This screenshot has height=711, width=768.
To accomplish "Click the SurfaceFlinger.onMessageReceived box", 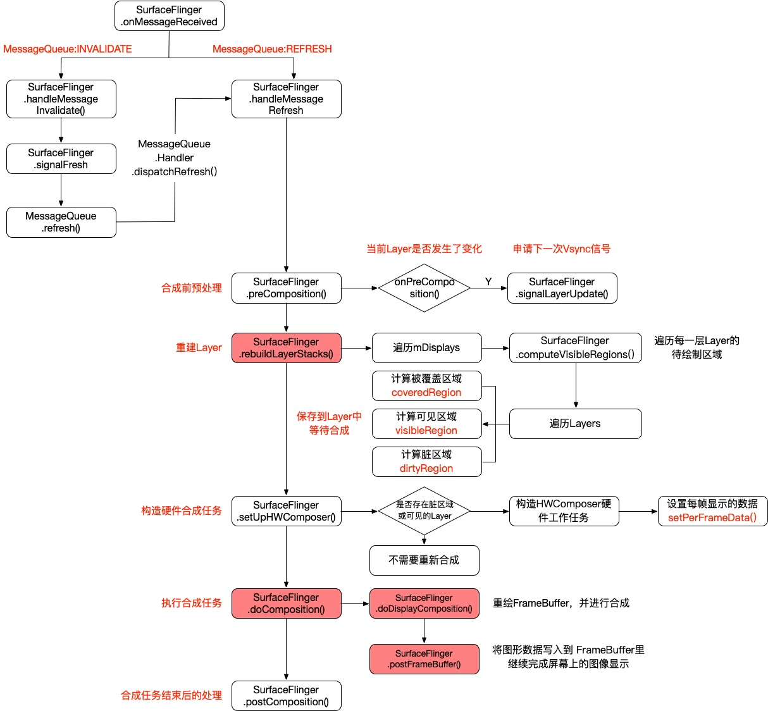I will (x=169, y=16).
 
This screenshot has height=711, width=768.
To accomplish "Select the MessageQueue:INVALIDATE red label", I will (x=68, y=49).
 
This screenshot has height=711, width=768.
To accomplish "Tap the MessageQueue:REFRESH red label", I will (x=272, y=49).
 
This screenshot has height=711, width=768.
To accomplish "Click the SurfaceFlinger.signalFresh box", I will (x=61, y=159).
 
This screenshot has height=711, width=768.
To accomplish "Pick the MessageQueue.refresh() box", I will (x=61, y=222).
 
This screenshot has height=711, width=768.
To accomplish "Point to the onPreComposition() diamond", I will (x=424, y=288).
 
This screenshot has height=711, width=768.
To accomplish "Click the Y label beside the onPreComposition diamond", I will (x=488, y=281).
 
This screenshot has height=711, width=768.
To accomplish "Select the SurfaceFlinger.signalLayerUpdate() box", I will (x=562, y=288).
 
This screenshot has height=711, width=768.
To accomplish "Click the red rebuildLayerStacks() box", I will (x=286, y=348).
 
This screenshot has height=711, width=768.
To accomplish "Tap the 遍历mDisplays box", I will (x=426, y=348).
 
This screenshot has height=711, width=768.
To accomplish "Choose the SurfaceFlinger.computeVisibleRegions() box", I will (x=575, y=348).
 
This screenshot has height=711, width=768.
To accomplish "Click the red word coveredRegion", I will (x=426, y=393).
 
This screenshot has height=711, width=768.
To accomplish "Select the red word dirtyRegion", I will (x=426, y=469).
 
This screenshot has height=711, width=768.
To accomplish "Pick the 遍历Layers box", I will (x=575, y=424).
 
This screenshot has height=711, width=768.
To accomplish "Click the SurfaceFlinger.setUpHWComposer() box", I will (x=286, y=511).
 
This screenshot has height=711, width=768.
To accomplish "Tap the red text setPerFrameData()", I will (x=712, y=518).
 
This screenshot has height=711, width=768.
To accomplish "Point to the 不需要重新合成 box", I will (x=424, y=560).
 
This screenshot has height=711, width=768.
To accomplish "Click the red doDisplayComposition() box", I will (x=424, y=603).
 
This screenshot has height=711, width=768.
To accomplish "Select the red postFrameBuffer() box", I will (x=424, y=659).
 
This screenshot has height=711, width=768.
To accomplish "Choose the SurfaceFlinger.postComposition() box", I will (x=286, y=696).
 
